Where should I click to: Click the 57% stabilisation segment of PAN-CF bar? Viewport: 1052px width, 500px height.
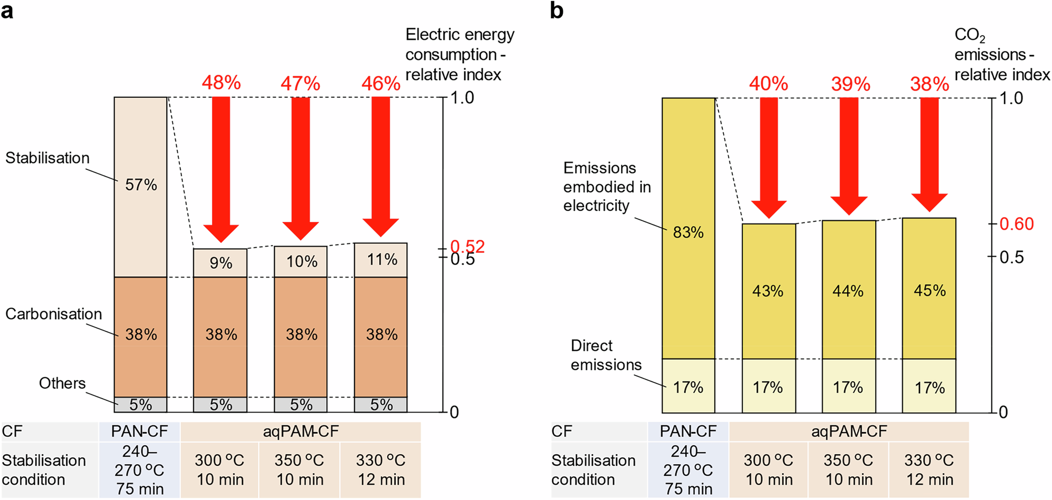point(140,185)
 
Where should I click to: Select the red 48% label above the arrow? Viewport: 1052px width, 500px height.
point(221,83)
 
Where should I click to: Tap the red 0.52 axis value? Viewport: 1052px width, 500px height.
point(468,246)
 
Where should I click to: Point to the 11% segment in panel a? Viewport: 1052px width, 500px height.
point(381,260)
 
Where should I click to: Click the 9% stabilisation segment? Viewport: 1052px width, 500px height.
point(220,263)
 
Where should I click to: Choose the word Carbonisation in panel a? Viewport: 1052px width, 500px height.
point(54,314)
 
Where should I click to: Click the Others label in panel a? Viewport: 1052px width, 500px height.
point(62,383)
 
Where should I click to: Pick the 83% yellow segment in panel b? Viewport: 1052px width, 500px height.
point(688,232)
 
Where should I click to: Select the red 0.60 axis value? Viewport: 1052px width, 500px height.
point(1016,224)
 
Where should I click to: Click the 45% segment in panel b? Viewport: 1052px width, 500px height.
point(929,290)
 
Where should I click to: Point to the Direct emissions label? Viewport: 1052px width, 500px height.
point(606,355)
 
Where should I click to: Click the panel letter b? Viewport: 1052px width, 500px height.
point(557,11)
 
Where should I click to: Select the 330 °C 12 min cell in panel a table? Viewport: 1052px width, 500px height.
point(381,470)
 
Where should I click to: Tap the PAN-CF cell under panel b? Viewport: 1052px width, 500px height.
point(688,432)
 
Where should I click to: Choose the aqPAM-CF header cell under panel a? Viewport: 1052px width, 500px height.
point(300,432)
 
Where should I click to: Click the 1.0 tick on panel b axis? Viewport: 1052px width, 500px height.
point(1011,98)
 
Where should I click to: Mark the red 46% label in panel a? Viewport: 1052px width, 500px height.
point(381,84)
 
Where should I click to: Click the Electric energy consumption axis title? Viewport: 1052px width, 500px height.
point(459,55)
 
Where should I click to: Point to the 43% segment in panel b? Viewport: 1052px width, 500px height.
point(768,291)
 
